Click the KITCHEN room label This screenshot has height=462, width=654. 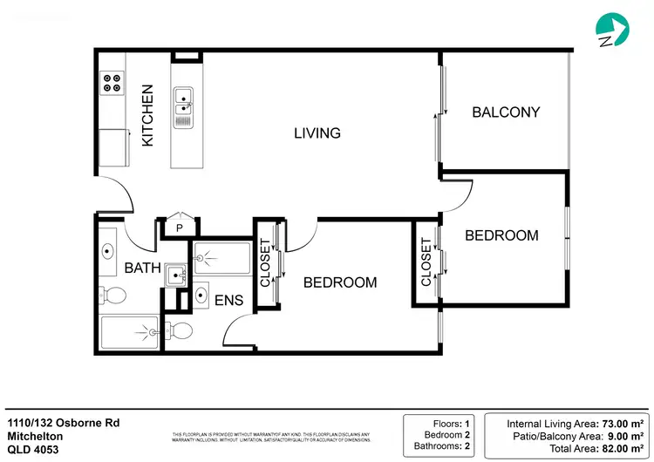pyautogui.click(x=147, y=115)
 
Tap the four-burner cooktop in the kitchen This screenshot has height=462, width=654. pyautogui.click(x=112, y=83)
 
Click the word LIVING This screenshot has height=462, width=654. pyautogui.click(x=317, y=133)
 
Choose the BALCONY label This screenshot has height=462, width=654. pyautogui.click(x=506, y=112)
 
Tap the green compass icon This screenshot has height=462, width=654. pyautogui.click(x=612, y=30)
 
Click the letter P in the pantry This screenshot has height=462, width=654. pyautogui.click(x=179, y=228)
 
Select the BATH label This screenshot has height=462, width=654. pyautogui.click(x=141, y=268)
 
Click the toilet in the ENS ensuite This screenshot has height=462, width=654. pyautogui.click(x=179, y=330)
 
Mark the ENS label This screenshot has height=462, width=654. pyautogui.click(x=228, y=301)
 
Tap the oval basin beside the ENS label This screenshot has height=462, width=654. pyautogui.click(x=201, y=294)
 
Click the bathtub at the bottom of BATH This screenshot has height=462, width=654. pyautogui.click(x=129, y=332)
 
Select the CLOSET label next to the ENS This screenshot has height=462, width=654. pyautogui.click(x=266, y=263)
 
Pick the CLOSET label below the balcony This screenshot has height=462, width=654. pyautogui.click(x=426, y=262)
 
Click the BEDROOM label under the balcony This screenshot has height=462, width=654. pyautogui.click(x=501, y=235)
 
